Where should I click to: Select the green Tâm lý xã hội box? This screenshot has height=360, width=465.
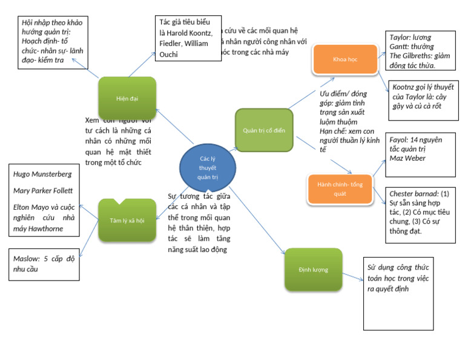[x=127, y=220]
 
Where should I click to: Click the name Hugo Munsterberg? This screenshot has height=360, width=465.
[x=42, y=175]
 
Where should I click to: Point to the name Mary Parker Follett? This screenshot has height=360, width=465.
[x=43, y=190]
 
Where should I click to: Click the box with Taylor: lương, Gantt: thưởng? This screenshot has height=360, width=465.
[x=417, y=51]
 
